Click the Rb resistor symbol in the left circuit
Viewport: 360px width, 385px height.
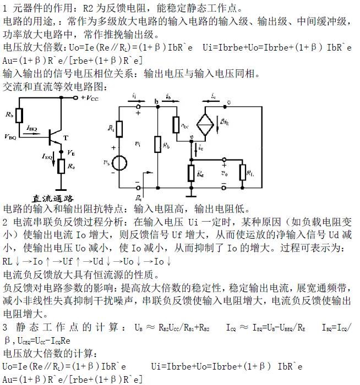tap(19, 115)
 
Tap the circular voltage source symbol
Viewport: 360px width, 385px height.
tap(119, 164)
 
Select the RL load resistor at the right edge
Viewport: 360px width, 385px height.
tap(243, 172)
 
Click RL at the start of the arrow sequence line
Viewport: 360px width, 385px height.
tap(8, 261)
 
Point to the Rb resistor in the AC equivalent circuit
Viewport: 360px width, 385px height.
tap(157, 146)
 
